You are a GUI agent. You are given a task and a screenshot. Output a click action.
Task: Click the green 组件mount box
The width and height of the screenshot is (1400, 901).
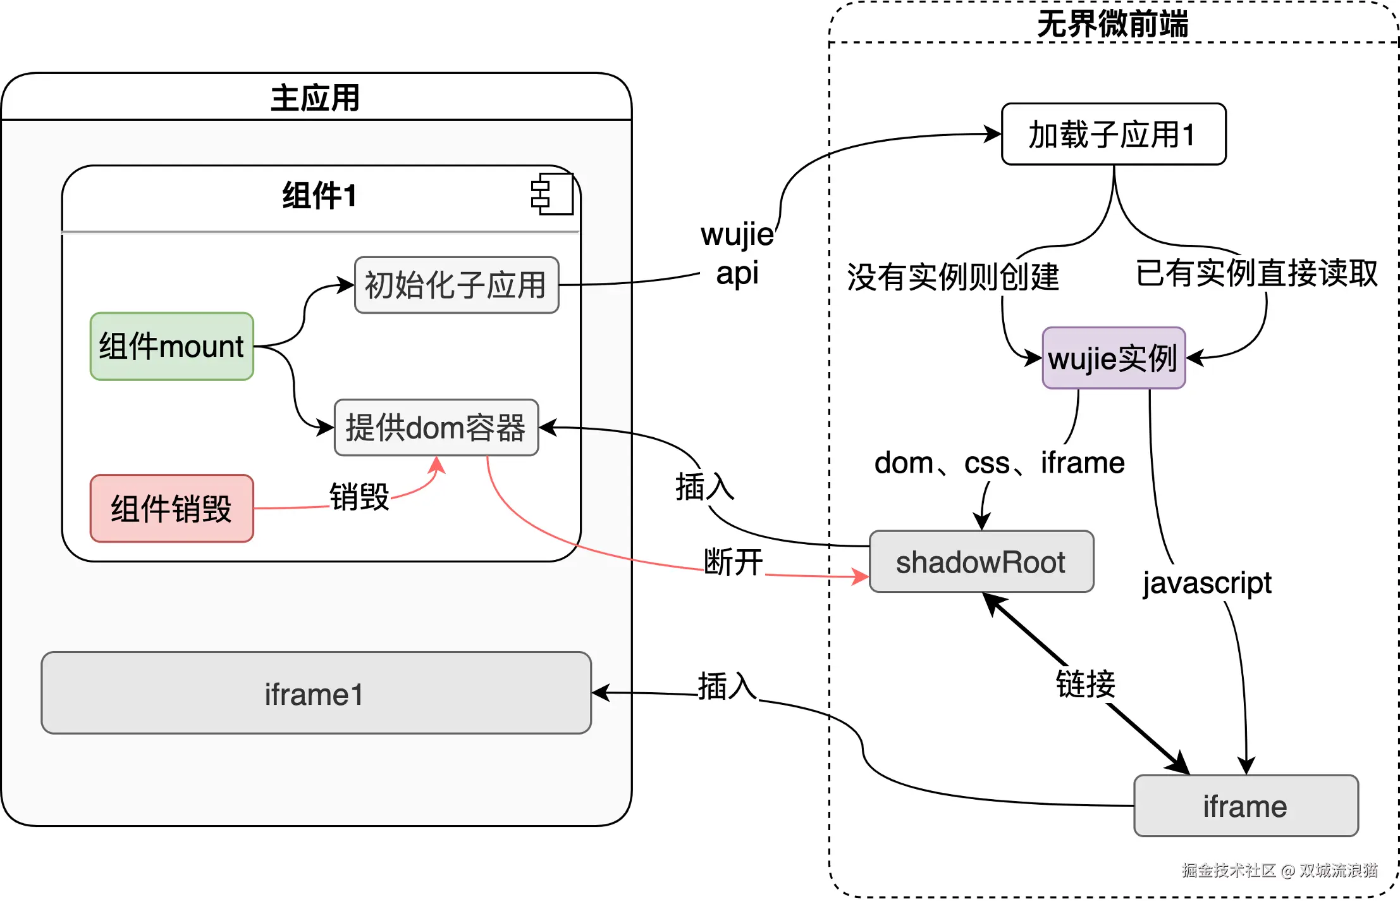pyautogui.click(x=171, y=346)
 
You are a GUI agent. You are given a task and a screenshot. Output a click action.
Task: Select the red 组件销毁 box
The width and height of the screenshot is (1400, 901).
pyautogui.click(x=171, y=508)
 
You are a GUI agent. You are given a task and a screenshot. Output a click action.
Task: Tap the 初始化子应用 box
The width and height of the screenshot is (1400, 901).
pyautogui.click(x=456, y=285)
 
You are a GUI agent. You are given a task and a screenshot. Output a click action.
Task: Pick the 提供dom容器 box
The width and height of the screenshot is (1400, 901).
pyautogui.click(x=436, y=427)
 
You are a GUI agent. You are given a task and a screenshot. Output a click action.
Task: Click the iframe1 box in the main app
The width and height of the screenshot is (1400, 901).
pyautogui.click(x=316, y=693)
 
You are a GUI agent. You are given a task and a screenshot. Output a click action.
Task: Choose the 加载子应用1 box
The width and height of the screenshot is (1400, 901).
pyautogui.click(x=1113, y=134)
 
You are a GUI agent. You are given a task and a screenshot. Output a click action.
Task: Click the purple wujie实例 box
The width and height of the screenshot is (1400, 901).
pyautogui.click(x=1113, y=358)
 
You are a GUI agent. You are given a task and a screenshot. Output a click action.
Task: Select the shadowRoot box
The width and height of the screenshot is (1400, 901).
pyautogui.click(x=981, y=562)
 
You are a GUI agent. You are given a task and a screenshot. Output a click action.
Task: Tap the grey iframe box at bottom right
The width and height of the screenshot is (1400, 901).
pyautogui.click(x=1245, y=806)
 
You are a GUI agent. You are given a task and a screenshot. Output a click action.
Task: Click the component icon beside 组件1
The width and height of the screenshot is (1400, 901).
pyautogui.click(x=552, y=194)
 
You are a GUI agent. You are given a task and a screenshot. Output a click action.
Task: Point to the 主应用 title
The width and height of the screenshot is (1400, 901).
pyautogui.click(x=316, y=98)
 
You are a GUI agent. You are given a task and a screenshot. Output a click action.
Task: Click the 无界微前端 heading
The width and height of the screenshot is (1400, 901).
pyautogui.click(x=1113, y=24)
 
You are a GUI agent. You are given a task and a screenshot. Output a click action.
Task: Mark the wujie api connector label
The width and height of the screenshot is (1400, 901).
pyautogui.click(x=737, y=254)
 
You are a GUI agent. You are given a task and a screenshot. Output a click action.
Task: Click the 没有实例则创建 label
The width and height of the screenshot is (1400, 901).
pyautogui.click(x=953, y=277)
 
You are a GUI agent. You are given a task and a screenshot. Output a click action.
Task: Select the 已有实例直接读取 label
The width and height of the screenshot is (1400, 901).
pyautogui.click(x=1256, y=273)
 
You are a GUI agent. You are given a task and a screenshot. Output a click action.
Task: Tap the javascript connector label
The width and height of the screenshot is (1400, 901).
pyautogui.click(x=1207, y=583)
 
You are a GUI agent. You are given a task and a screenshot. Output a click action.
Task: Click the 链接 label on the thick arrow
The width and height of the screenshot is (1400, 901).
pyautogui.click(x=1085, y=684)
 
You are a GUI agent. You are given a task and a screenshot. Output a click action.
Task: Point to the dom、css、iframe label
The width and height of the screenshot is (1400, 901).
pyautogui.click(x=999, y=463)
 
